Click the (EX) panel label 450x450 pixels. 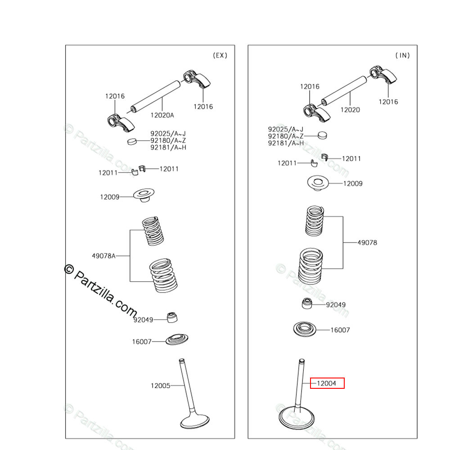(x=220, y=55)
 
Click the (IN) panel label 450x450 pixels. (x=403, y=55)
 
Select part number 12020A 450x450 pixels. (x=162, y=115)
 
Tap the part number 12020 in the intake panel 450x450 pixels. (x=350, y=110)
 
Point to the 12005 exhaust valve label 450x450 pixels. (x=160, y=386)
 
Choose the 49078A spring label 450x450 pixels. (x=104, y=256)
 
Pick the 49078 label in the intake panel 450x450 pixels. (x=367, y=243)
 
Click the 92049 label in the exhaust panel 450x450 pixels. (x=143, y=320)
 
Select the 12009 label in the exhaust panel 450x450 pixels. (x=110, y=197)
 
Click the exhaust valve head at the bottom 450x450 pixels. (x=194, y=421)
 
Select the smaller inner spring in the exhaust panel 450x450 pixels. (x=153, y=231)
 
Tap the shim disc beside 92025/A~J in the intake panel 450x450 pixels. (x=322, y=135)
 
